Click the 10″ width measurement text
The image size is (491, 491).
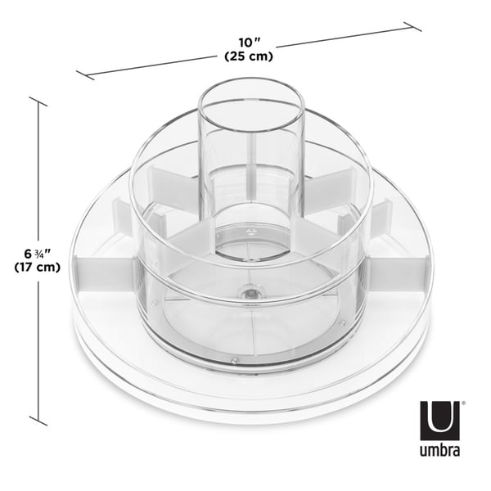click(249, 41)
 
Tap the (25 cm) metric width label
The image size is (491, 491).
click(249, 56)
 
